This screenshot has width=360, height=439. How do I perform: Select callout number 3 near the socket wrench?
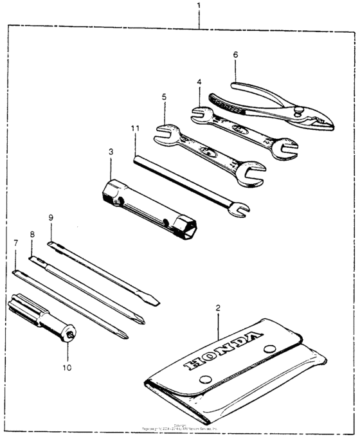111,152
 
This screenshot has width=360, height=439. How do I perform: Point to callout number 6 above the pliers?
236,55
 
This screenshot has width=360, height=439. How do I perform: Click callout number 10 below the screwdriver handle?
67,368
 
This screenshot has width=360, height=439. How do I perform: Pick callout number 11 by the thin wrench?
135,129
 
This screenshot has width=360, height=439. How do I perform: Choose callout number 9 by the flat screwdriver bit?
51,218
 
